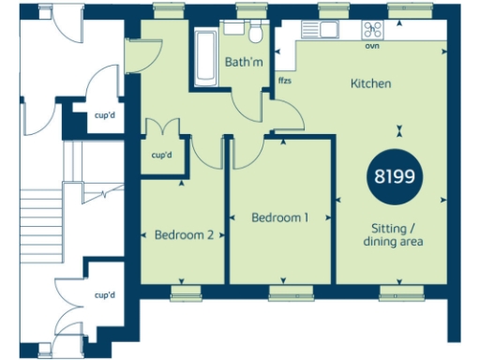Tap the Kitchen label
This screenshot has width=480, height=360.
pos(370,84)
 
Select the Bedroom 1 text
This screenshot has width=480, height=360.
pos(280,217)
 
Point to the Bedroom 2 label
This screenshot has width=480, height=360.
pos(183,234)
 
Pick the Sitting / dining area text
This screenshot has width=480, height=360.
pos(394,234)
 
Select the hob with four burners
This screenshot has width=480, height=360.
pos(372,29)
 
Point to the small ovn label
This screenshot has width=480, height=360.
pos(372,44)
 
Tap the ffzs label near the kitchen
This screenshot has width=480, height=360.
pos(284,81)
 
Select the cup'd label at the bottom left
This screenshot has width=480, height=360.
pos(103,294)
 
